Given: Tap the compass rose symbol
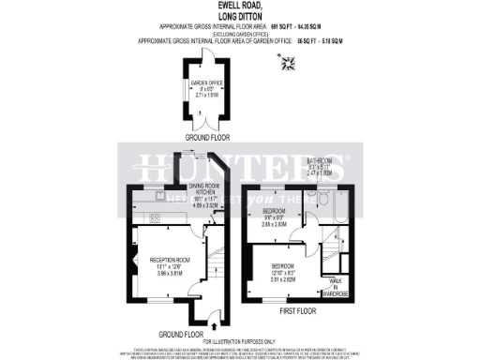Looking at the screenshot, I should coord(287,63).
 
